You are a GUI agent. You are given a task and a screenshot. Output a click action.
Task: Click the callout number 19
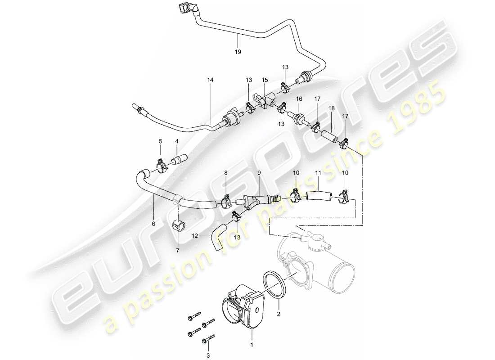click(238, 52)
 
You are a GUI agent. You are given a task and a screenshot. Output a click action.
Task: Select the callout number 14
click(211, 80)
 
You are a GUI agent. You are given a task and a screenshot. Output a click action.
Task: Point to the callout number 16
click(298, 98)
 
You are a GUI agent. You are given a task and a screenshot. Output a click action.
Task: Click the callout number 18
click(332, 108)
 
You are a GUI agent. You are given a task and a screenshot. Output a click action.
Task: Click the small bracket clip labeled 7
click(179, 224)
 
